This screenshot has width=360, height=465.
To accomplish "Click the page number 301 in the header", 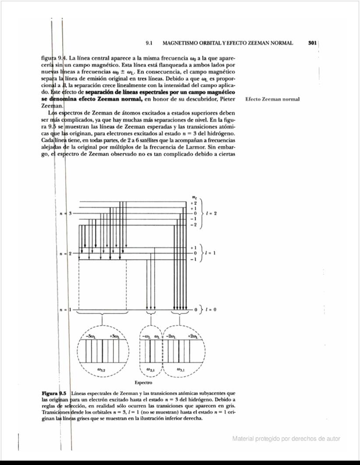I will tap(312, 43).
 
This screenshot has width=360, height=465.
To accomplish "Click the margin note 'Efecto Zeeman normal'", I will tap(272, 99).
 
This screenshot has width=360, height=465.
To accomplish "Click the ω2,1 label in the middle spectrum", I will tap(151, 370).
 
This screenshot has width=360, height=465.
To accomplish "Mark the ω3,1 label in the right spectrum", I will tap(180, 370).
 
